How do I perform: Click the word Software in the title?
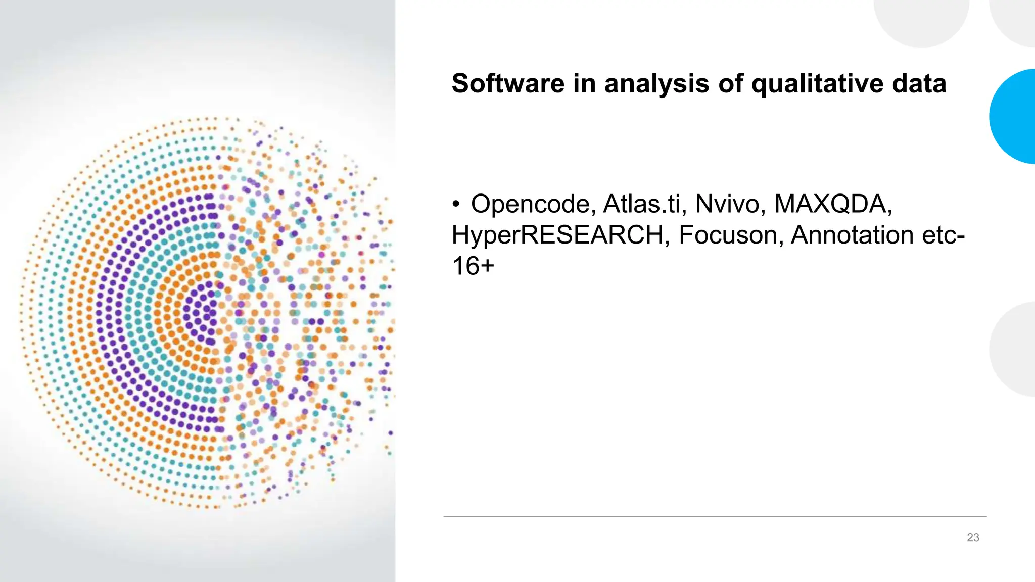point(507,83)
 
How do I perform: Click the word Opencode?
point(530,204)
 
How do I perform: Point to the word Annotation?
point(852,235)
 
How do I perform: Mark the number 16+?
point(473,266)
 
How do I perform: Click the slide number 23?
point(973,538)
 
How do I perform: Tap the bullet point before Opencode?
point(456,205)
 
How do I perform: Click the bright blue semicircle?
point(1013,116)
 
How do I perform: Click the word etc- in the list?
point(944,235)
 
